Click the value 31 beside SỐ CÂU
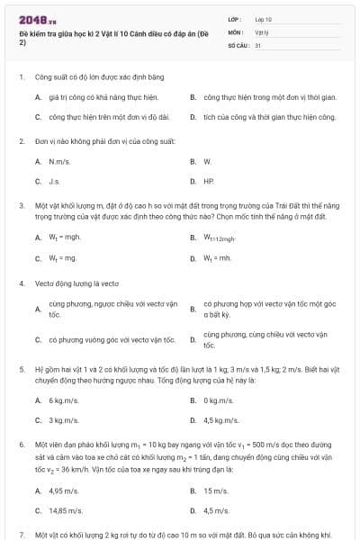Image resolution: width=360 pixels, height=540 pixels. tap(258, 44)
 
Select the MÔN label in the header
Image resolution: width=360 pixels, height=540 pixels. tap(235, 31)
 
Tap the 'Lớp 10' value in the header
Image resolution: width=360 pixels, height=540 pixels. tap(263, 19)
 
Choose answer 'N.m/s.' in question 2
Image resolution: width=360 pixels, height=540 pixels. tap(60, 161)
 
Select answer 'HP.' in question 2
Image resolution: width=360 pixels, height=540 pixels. tap(209, 181)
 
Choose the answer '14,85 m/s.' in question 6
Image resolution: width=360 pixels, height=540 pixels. tap(66, 510)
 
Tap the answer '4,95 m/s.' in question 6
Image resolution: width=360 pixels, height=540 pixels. tap(64, 490)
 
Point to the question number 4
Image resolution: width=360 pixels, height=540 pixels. tap(21, 283)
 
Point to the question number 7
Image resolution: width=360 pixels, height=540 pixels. tap(21, 534)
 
